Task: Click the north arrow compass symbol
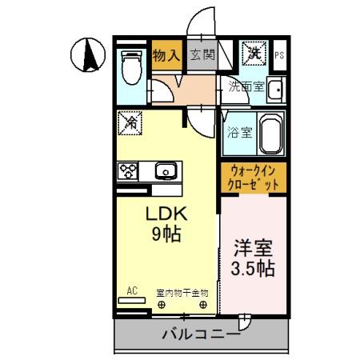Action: coord(89,56)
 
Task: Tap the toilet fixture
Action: coord(130,67)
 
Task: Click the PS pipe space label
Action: coord(279,55)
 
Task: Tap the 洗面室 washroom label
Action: coord(246,87)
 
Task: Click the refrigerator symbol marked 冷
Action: coord(130,123)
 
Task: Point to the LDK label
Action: coord(166,214)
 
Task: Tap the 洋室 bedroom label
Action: coord(254,247)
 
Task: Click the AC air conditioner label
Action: coord(132,292)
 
